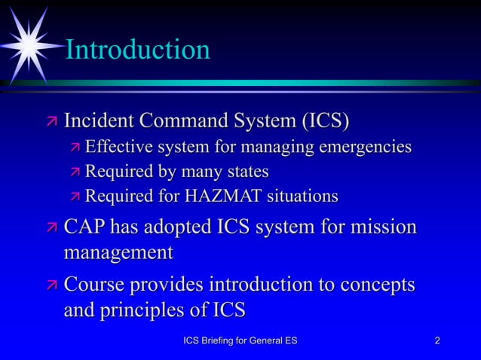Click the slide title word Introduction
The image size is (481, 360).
[x=138, y=50]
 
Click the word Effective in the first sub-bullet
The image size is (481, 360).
[x=118, y=146]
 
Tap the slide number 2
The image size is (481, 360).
[x=438, y=342]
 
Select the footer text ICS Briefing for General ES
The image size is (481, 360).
[x=240, y=342]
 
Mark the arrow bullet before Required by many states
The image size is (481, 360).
[x=75, y=172]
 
